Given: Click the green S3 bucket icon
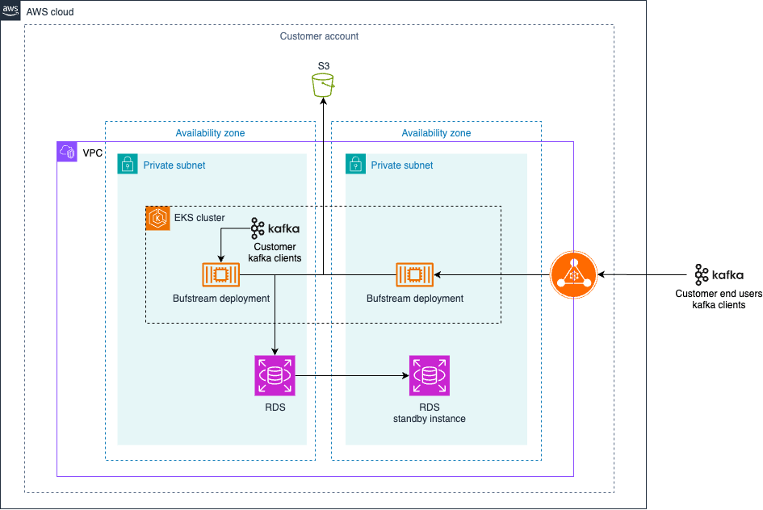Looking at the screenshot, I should coord(323,85).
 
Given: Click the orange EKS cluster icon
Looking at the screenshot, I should coord(157,218).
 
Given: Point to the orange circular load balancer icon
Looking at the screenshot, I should coord(573,275).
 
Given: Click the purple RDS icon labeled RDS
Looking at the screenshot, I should coord(275,375).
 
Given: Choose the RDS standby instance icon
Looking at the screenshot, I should coord(429,375).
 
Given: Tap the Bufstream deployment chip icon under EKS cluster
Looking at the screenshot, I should coord(220,275).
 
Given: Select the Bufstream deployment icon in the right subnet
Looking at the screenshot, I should coord(414,275).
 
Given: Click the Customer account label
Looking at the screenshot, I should coord(319,36).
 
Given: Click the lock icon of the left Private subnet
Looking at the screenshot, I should coord(128,165).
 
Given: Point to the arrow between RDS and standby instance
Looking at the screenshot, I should coord(351,375).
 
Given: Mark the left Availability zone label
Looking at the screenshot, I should coord(210,133).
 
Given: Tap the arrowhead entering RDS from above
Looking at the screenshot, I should coord(275,351).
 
